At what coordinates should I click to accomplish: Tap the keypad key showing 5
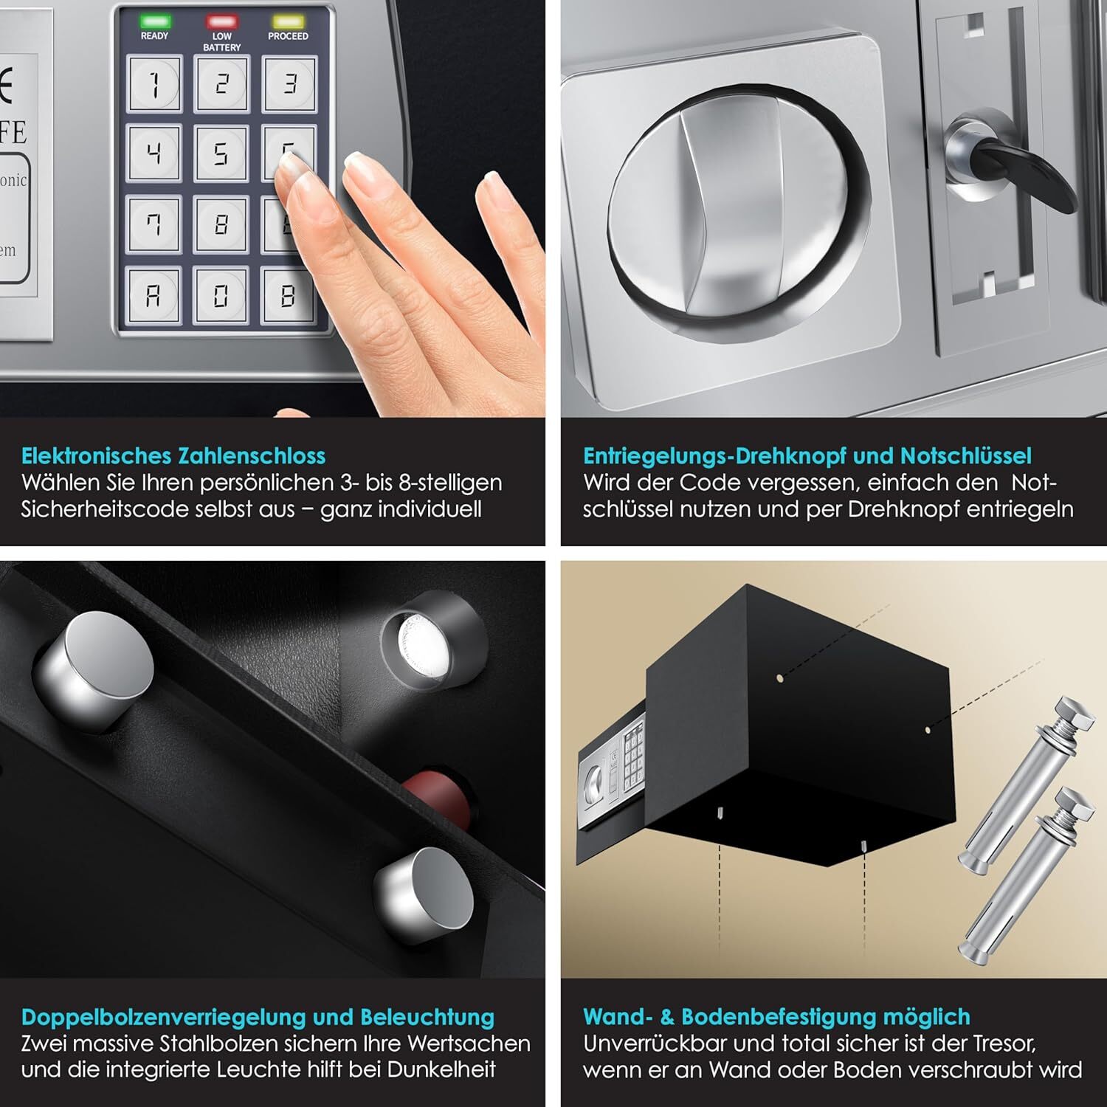point(221,153)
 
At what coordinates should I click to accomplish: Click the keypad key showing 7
point(154,224)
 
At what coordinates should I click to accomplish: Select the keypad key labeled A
point(153,295)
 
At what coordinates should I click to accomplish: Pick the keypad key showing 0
point(221,295)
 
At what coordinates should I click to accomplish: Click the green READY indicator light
point(155,21)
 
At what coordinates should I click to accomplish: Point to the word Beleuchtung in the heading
point(427,1017)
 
